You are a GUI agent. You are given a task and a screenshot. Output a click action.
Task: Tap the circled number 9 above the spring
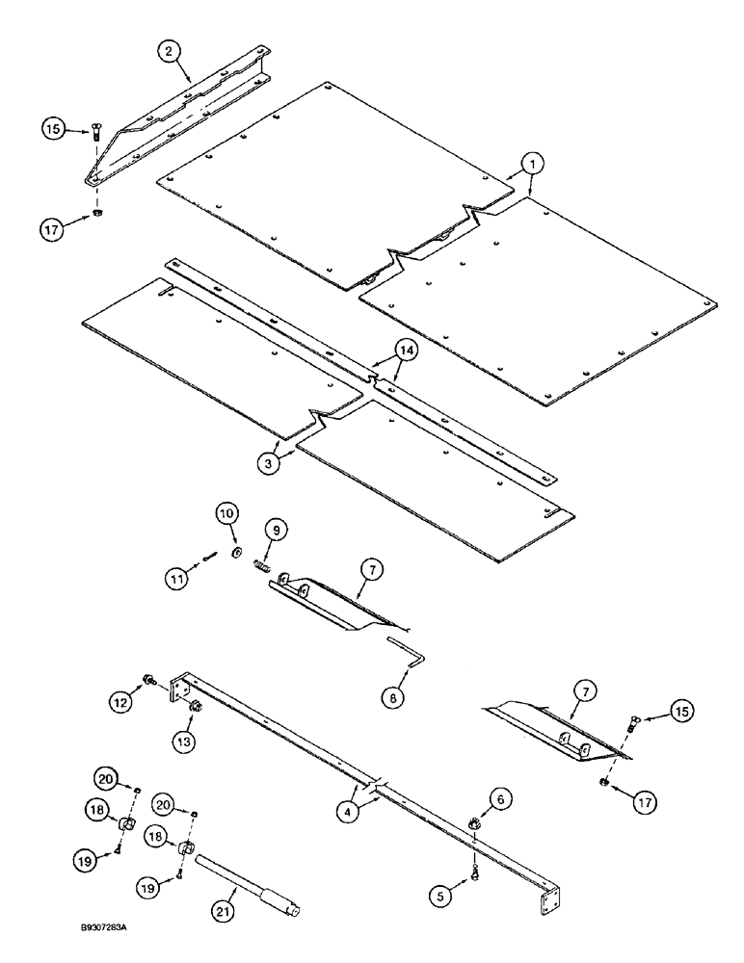pos(275,528)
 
